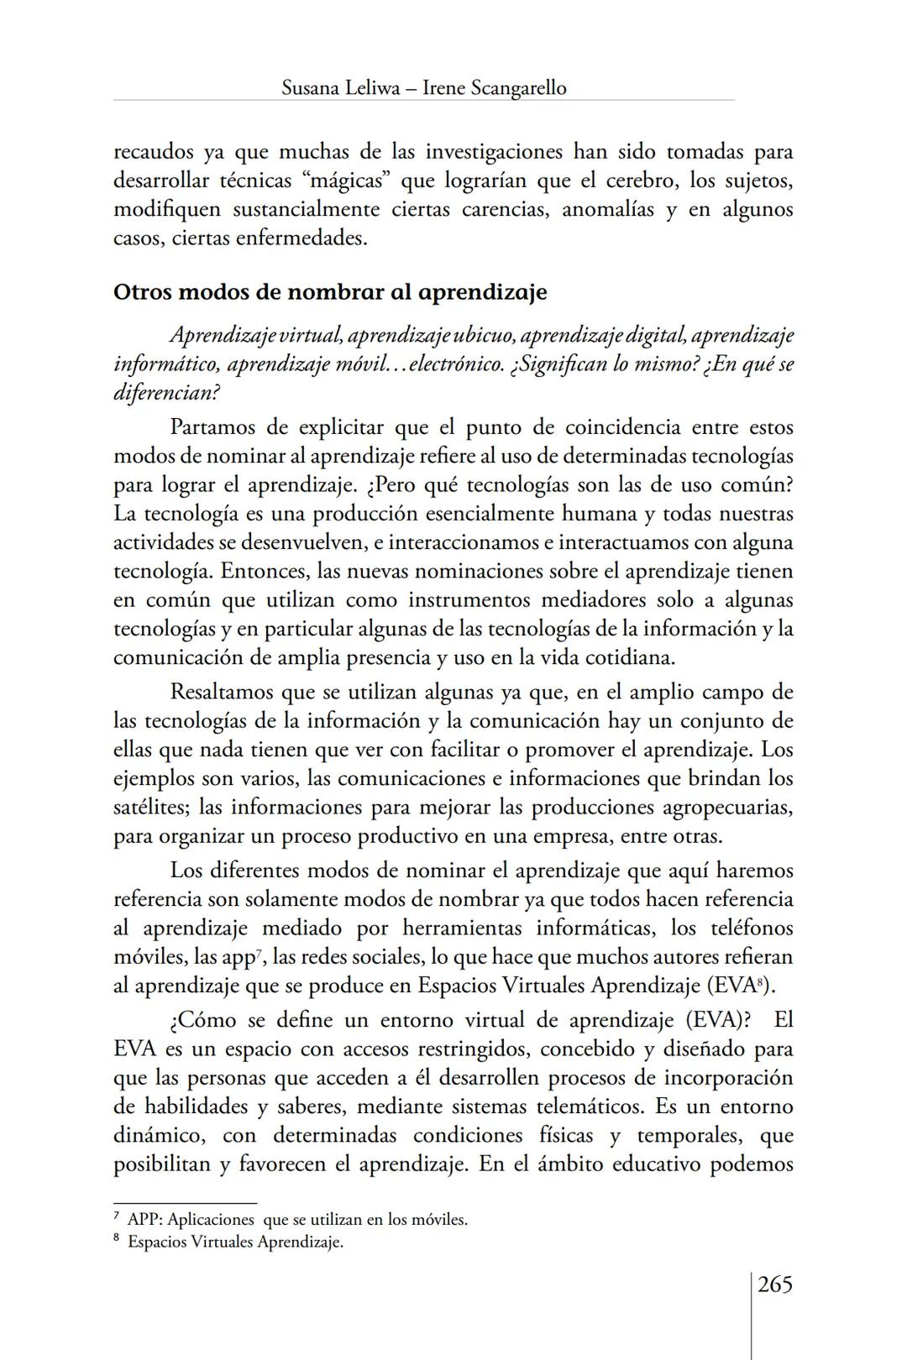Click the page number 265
click(774, 1285)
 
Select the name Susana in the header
click(311, 87)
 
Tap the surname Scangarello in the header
click(518, 87)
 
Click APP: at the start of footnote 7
click(144, 1220)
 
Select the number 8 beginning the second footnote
click(118, 1241)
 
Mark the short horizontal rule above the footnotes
click(185, 1203)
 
